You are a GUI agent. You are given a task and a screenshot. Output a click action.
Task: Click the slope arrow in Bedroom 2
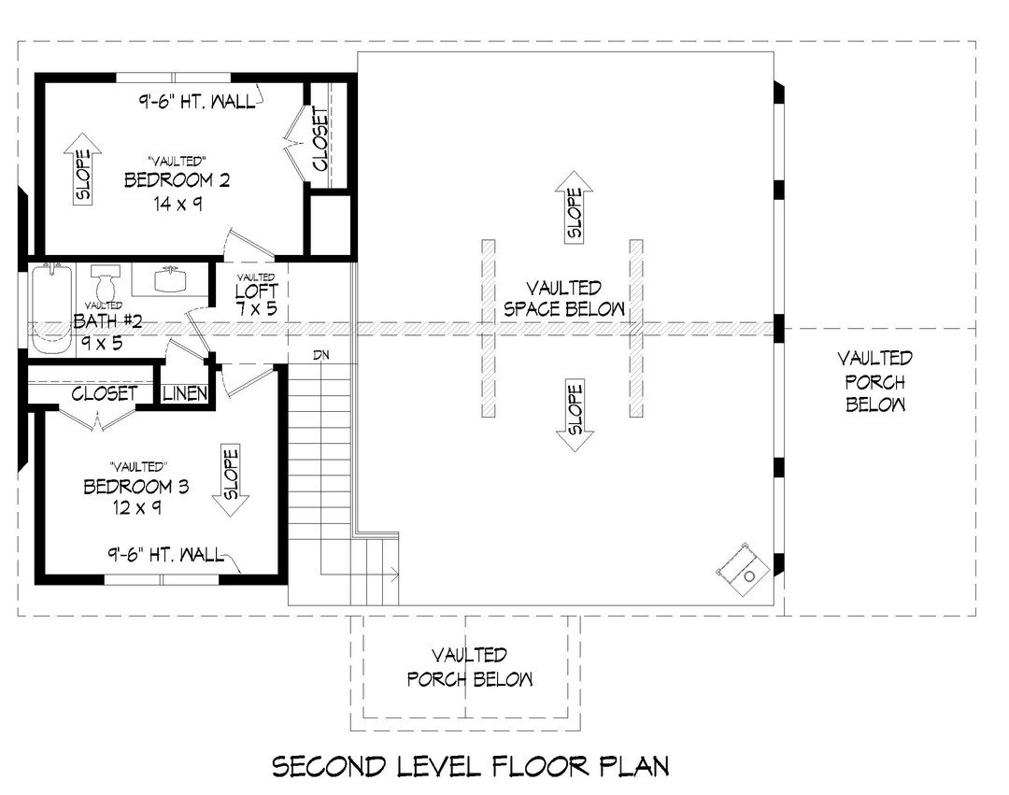pyautogui.click(x=83, y=177)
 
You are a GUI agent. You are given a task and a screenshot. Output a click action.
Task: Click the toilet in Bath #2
pyautogui.click(x=107, y=279)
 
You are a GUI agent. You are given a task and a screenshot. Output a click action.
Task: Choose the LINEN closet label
pyautogui.click(x=185, y=394)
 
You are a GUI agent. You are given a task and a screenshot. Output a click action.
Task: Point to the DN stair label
pyautogui.click(x=323, y=356)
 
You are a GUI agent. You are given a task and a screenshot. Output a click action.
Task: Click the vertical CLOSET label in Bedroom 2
pyautogui.click(x=320, y=140)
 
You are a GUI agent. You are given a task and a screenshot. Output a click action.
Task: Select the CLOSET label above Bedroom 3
pyautogui.click(x=106, y=394)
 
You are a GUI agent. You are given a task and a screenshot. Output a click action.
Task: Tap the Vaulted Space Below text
pyautogui.click(x=563, y=298)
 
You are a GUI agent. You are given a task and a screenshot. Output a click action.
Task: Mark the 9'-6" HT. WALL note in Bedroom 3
pyautogui.click(x=164, y=555)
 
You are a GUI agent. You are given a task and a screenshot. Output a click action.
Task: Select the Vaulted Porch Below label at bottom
pyautogui.click(x=470, y=667)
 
